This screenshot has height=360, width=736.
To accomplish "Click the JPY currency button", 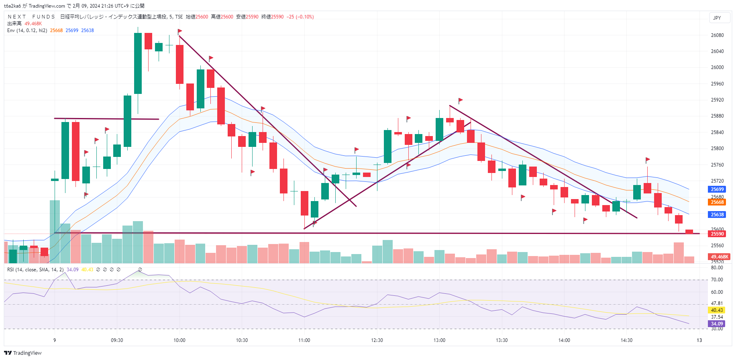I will pyautogui.click(x=717, y=18).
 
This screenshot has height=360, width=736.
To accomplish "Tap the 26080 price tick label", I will pyautogui.click(x=717, y=35).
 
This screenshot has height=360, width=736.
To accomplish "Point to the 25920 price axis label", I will pyautogui.click(x=717, y=100).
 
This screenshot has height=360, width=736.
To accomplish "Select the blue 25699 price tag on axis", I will pyautogui.click(x=717, y=189).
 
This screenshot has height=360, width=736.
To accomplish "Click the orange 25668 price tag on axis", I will pyautogui.click(x=717, y=202).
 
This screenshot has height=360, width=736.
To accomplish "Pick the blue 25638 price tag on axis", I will pyautogui.click(x=717, y=215).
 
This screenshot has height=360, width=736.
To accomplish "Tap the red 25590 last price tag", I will pyautogui.click(x=717, y=234).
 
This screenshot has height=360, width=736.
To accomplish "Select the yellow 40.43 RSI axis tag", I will pyautogui.click(x=717, y=310).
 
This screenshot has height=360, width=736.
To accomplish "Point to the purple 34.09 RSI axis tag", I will pyautogui.click(x=717, y=324).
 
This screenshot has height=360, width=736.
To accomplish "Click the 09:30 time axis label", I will pyautogui.click(x=117, y=340).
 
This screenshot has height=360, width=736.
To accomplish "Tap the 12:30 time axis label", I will pyautogui.click(x=377, y=340).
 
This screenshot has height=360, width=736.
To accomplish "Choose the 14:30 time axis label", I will pyautogui.click(x=626, y=340).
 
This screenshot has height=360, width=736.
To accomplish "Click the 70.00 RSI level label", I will pyautogui.click(x=717, y=280).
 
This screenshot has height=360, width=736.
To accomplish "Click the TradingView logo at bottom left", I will pyautogui.click(x=23, y=353).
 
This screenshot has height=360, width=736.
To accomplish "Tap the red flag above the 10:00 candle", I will pyautogui.click(x=180, y=31).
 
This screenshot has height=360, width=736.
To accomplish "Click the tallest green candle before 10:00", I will pyautogui.click(x=138, y=63).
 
